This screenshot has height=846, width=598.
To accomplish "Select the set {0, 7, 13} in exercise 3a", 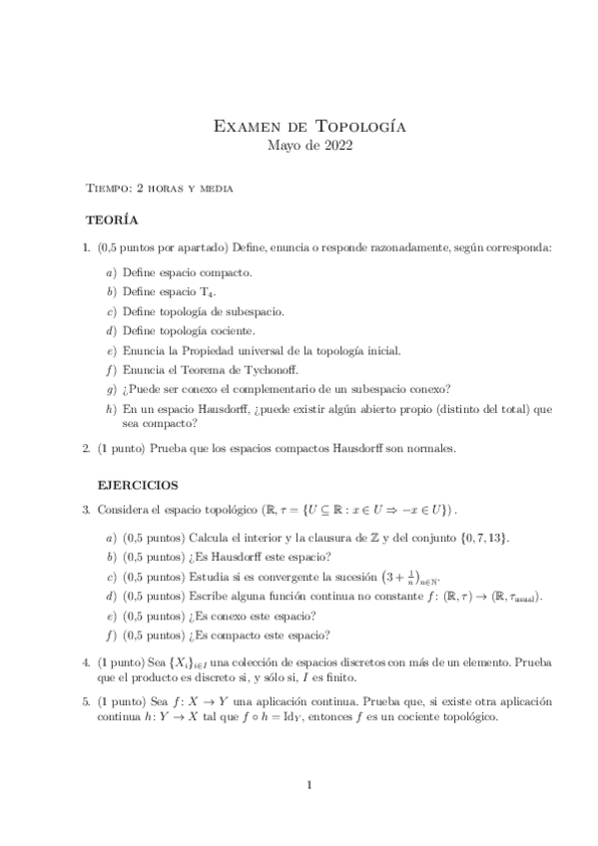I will [481, 538].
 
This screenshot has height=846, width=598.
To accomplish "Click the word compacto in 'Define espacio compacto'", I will [229, 271].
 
